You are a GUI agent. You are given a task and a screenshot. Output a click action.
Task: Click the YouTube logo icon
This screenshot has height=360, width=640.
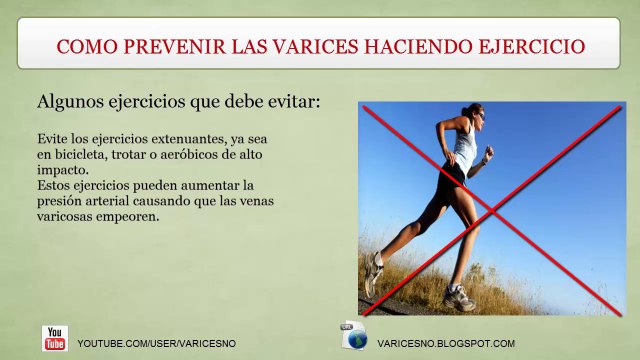click(54, 338)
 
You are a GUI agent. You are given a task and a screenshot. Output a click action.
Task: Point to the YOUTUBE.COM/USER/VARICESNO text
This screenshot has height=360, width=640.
click(157, 343)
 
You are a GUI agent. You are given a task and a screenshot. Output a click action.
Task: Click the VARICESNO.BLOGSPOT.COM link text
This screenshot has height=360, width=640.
click(446, 343)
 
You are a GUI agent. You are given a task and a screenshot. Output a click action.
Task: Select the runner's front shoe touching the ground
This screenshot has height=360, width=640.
click(458, 298)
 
